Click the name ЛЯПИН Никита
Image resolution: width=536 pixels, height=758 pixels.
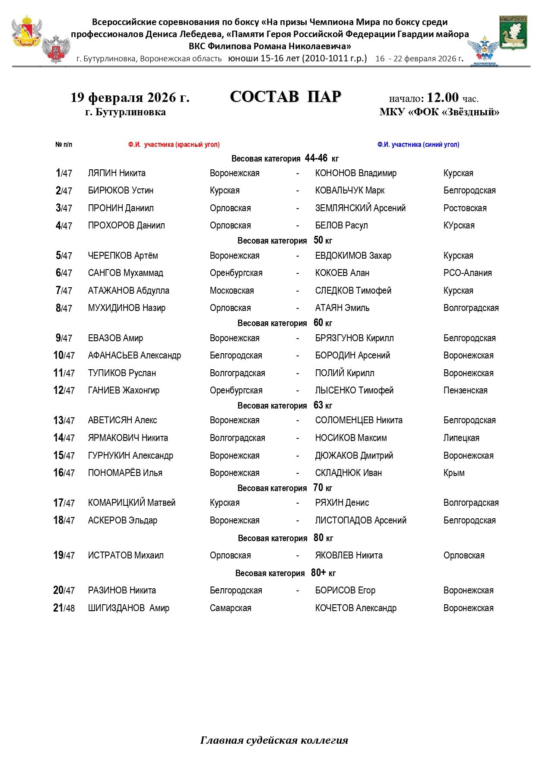pos(117,173)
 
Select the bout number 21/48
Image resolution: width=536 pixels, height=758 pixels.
pos(64,608)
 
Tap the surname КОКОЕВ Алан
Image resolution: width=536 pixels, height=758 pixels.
pos(342,273)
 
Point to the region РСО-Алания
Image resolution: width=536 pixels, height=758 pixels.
pos(467,273)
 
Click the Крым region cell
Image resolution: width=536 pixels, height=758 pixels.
pos(454,473)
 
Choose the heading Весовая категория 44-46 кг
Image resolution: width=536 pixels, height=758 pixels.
pos(285,159)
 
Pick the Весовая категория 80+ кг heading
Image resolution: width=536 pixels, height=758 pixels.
pos(285,573)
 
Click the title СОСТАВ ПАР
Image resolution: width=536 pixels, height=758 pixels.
pos(285,97)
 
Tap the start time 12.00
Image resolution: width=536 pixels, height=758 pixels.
pos(442,97)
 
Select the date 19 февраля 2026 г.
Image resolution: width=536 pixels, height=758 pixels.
pos(130,98)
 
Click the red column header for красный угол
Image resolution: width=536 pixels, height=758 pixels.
pos(174,145)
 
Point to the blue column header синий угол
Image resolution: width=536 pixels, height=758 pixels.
pos(418,145)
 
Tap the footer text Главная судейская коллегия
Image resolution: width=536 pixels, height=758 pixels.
pos(274,740)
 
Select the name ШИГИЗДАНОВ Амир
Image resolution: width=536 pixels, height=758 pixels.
pos(128,608)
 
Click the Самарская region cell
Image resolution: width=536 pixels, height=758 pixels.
pos(230,608)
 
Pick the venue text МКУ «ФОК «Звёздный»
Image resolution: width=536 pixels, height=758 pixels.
pos(439,112)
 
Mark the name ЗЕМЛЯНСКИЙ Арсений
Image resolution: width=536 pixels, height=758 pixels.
pos(360,208)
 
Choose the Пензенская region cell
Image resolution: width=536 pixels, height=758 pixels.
pos(465,390)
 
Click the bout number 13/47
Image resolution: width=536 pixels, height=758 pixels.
pos(64,421)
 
